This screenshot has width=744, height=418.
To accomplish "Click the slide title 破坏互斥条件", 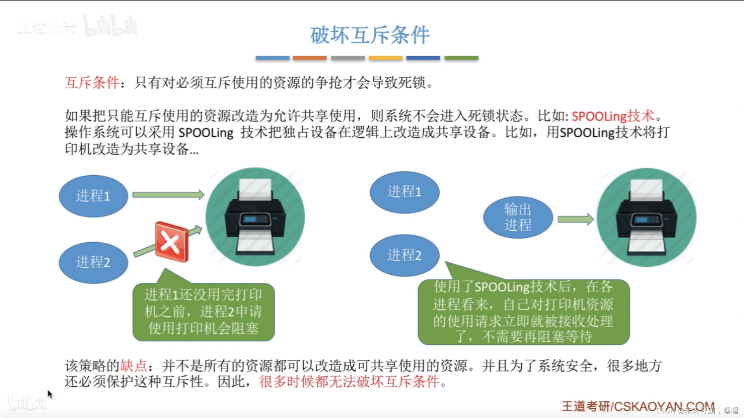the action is [369, 35].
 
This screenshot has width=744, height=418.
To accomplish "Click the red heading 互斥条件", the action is [92, 82].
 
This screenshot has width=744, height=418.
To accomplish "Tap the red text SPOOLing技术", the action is [612, 116].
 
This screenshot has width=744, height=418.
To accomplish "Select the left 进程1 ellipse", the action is [93, 196].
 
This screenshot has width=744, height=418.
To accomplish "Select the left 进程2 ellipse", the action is [93, 262].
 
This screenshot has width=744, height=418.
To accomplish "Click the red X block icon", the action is [171, 242].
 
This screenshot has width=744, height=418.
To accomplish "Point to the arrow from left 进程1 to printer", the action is [168, 195].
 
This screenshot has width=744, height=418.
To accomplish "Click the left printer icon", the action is [255, 217].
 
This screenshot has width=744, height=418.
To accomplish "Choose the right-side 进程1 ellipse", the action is [404, 192].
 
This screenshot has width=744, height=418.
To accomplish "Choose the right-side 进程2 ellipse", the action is [404, 255].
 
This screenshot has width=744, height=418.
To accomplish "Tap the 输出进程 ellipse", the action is [517, 217].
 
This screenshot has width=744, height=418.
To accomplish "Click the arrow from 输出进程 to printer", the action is [575, 219].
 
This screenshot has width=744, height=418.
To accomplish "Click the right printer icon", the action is [646, 218].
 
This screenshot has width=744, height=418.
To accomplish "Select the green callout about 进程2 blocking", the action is [203, 312].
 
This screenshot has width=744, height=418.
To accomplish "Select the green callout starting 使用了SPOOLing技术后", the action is [523, 312].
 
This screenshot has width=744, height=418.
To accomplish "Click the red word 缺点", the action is [134, 366].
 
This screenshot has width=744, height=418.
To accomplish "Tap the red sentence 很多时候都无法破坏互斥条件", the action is [349, 382].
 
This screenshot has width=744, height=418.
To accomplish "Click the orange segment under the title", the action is [309, 58].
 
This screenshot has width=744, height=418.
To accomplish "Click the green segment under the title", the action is [461, 58].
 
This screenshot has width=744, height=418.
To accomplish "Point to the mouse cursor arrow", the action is [50, 394].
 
